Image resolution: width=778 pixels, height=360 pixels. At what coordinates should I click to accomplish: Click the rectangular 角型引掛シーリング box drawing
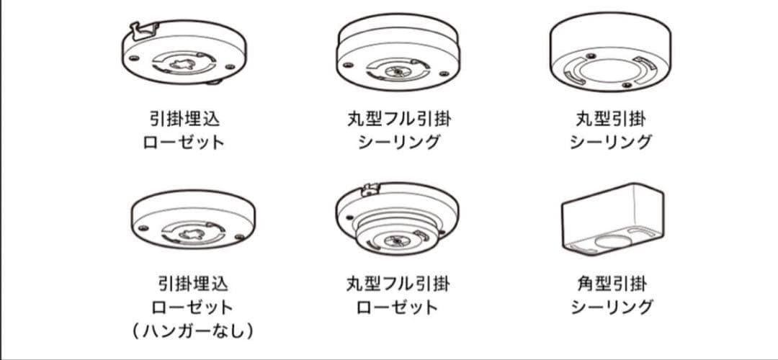[612, 219]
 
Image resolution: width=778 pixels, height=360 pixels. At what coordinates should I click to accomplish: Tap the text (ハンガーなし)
[193, 330]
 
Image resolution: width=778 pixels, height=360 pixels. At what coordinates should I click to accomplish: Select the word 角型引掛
[612, 284]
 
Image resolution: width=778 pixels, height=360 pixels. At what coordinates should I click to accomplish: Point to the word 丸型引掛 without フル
[611, 119]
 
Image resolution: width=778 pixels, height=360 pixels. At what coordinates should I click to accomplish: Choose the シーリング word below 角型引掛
[612, 307]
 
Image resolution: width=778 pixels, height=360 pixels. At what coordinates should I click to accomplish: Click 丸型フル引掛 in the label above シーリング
[399, 119]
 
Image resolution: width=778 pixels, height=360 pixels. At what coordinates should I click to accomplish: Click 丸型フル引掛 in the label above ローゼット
[398, 284]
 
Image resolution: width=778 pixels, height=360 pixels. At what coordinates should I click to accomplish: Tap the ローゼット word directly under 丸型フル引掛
[398, 307]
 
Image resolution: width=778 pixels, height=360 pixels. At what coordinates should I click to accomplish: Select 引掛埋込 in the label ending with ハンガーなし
[193, 284]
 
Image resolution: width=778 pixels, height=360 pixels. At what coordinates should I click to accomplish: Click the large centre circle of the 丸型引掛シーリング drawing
[611, 71]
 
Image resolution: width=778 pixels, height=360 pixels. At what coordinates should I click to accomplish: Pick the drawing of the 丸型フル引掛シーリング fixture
[398, 52]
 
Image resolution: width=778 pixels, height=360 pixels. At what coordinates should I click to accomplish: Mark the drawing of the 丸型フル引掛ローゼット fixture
[397, 219]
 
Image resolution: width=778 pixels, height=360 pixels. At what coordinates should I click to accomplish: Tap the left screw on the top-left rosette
[133, 58]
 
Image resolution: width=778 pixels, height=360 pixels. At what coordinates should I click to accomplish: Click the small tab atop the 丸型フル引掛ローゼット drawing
[371, 189]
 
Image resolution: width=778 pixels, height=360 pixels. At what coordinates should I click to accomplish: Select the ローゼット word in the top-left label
[184, 143]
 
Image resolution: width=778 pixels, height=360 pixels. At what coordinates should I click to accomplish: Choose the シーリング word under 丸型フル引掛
[399, 143]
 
